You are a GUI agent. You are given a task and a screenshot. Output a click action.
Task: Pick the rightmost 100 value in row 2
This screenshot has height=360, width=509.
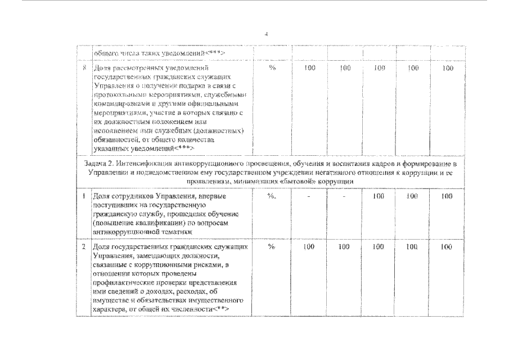click(447, 247)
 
